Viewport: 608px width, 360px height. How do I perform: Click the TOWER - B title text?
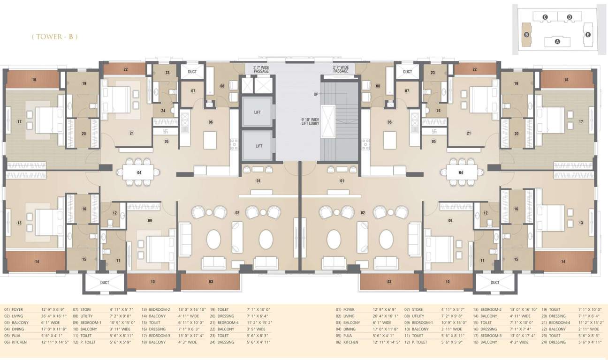(54, 37)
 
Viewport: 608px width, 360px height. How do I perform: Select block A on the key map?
(557, 41)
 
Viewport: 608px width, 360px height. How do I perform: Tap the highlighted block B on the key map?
(527, 35)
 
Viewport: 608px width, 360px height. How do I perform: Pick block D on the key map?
(569, 17)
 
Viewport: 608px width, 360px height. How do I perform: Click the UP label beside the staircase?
(316, 94)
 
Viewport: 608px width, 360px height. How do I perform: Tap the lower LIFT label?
(258, 146)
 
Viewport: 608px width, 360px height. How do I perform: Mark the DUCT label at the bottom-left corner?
(105, 283)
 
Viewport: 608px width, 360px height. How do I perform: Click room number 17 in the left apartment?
(20, 122)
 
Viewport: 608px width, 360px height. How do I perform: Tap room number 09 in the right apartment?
(450, 220)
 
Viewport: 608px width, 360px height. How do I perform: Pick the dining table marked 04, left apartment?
(139, 172)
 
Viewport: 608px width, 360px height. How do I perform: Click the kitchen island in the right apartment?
(390, 139)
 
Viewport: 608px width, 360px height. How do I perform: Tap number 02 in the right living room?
(363, 213)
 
